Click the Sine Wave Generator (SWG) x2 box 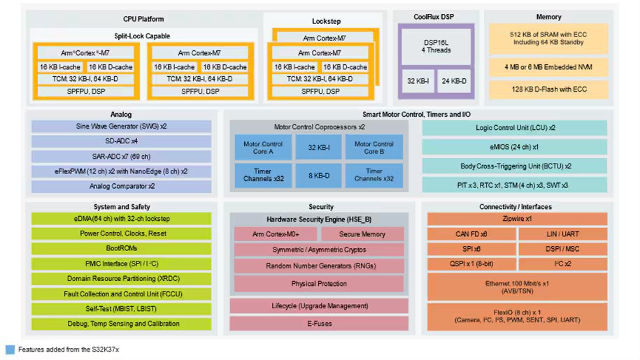tap(121, 127)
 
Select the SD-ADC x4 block tap(121, 141)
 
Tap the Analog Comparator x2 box tap(121, 187)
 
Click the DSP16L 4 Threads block tap(436, 46)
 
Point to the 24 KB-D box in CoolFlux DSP tap(455, 81)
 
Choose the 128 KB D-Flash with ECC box tap(548, 89)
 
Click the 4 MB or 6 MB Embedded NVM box tap(548, 67)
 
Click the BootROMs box tap(121, 248)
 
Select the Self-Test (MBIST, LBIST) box tap(121, 308)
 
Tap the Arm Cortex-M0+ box tap(275, 233)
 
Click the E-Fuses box tap(318, 324)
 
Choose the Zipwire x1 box tap(518, 218)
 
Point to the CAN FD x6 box tap(472, 233)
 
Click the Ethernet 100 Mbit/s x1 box tap(518, 286)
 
